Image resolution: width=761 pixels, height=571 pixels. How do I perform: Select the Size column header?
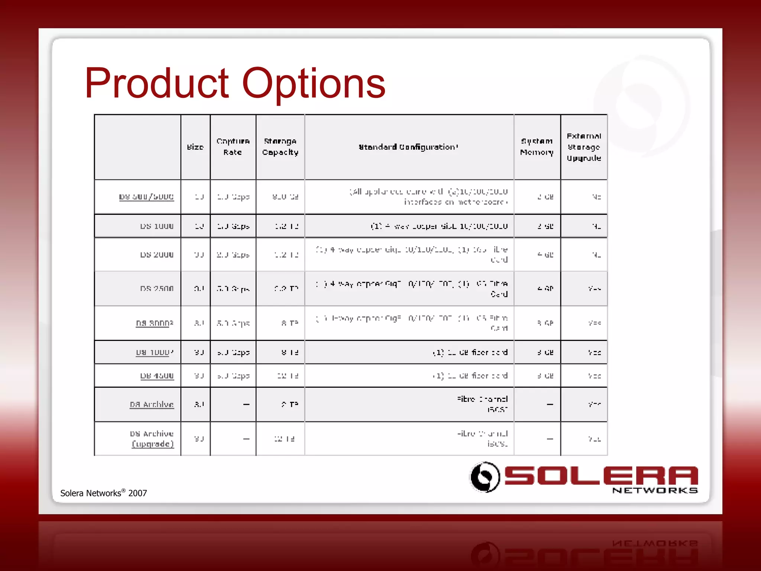pos(195,147)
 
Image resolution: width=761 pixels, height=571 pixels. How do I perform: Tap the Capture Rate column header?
pos(233,147)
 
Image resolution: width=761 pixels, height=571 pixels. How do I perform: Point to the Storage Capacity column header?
pos(280,147)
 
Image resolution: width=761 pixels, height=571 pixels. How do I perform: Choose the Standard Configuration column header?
pos(408,147)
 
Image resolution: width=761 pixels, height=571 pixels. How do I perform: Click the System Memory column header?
pos(537,147)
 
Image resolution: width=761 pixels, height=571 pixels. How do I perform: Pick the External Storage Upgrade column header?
pos(584,147)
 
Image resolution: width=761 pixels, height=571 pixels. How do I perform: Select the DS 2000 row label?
pos(157,255)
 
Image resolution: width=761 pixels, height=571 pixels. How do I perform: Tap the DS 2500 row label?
pos(157,288)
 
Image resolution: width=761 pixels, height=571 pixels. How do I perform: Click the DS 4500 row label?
pos(157,376)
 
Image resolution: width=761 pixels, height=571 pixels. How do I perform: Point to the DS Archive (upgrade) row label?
pos(152,439)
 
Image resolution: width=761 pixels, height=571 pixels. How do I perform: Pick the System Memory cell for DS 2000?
pos(545,255)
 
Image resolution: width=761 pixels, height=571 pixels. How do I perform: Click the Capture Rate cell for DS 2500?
pos(233,288)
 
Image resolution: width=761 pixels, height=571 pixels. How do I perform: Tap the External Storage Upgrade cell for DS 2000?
pos(596,255)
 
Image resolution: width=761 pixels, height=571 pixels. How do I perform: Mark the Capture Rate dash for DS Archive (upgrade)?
pos(246,439)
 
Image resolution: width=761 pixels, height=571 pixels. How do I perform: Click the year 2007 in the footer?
pos(137,493)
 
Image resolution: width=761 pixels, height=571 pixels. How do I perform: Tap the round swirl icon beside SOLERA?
pos(485,477)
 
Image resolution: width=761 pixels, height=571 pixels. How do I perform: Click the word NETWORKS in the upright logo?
pos(655,491)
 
